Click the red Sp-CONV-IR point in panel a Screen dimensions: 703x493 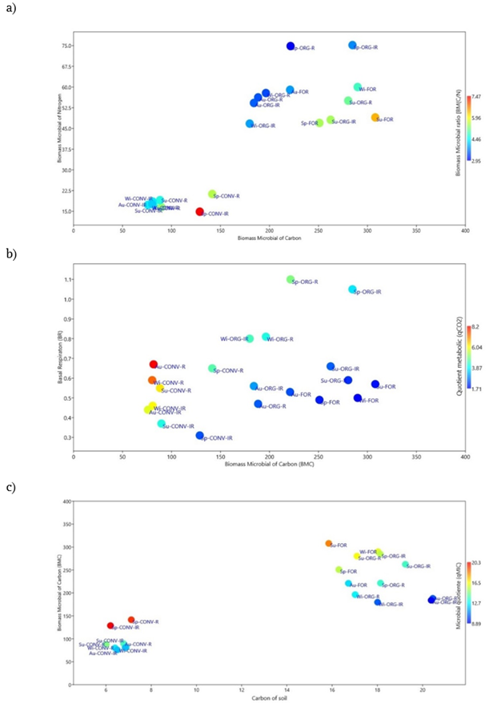click(x=200, y=212)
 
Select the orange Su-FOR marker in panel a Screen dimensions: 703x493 click(x=375, y=118)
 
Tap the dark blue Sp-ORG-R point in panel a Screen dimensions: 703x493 click(x=291, y=46)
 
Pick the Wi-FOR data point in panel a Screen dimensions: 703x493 click(x=358, y=87)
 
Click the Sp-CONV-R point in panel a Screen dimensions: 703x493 click(x=212, y=194)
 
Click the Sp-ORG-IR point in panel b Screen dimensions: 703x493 click(x=352, y=290)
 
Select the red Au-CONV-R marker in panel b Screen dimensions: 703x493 click(x=154, y=365)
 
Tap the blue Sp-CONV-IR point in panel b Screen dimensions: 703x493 click(x=200, y=436)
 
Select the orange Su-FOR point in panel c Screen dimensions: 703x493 click(x=329, y=544)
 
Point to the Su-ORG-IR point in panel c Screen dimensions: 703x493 click(x=406, y=565)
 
